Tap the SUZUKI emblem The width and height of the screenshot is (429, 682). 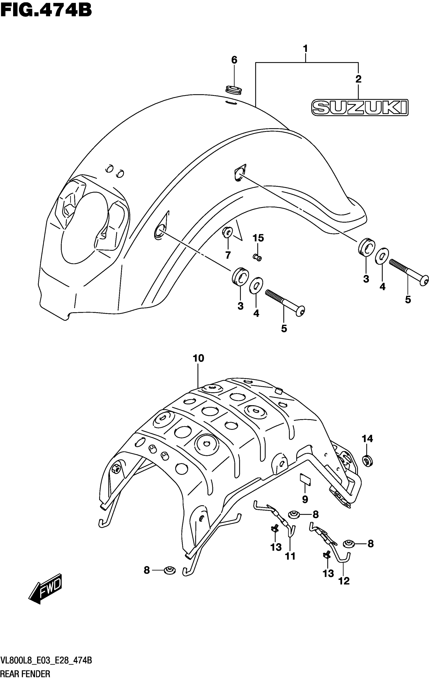(x=360, y=107)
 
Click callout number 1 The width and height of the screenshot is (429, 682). (x=305, y=49)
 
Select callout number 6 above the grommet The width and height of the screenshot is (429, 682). (x=234, y=60)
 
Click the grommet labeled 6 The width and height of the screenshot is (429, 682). (x=234, y=90)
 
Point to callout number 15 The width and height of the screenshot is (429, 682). (x=258, y=238)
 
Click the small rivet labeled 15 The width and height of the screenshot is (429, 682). (x=257, y=257)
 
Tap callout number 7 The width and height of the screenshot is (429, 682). (x=228, y=255)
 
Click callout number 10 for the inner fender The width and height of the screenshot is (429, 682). (x=198, y=358)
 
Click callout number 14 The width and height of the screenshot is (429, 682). (x=367, y=439)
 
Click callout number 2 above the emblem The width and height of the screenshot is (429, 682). (x=359, y=79)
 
